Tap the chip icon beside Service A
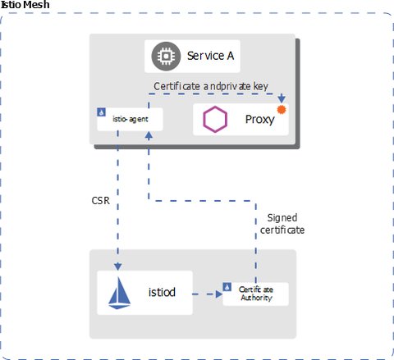coord(164,57)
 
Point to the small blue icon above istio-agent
coord(100,111)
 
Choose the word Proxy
coord(259,121)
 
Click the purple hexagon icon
coord(216,121)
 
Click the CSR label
coord(100,199)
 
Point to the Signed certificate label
coord(286,224)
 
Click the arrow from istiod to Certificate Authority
coord(205,293)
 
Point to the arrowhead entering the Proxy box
coord(282,99)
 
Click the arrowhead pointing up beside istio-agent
coord(148,134)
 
